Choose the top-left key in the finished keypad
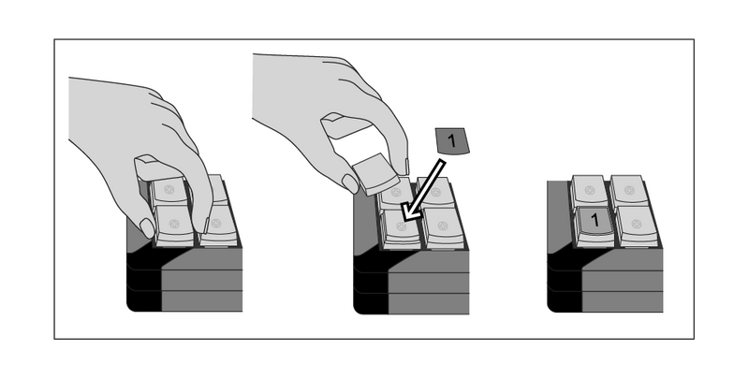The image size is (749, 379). coord(589,190)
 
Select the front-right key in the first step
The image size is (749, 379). coord(217,226)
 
